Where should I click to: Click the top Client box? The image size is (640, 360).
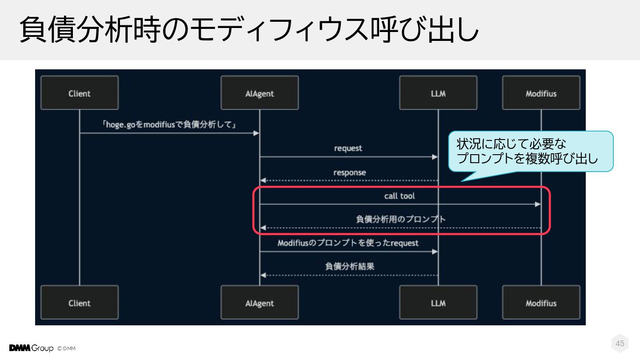[x=80, y=93]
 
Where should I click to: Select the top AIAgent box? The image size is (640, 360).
[x=260, y=93]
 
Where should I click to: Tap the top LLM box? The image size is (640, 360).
[x=438, y=93]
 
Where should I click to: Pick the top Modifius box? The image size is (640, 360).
[x=541, y=93]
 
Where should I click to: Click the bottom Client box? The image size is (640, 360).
[x=80, y=303]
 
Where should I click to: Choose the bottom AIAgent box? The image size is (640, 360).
[x=260, y=303]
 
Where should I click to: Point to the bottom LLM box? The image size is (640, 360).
[x=438, y=303]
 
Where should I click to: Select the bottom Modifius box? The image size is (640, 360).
[x=541, y=303]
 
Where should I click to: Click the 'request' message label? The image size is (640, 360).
[x=348, y=148]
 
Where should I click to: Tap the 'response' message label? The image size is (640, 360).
[x=350, y=172]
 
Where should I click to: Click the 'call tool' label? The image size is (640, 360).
[x=400, y=196]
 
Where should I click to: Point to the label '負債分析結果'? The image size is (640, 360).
[x=349, y=267]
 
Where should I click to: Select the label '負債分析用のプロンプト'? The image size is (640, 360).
[x=401, y=219]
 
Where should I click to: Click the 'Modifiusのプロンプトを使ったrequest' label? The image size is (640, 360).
[x=348, y=243]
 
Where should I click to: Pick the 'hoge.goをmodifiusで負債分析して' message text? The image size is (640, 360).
[x=169, y=125]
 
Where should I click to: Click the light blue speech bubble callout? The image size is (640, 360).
[x=531, y=152]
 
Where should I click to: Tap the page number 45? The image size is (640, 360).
[x=620, y=344]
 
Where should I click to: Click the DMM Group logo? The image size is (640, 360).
[x=31, y=348]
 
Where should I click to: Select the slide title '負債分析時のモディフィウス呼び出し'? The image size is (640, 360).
[x=249, y=29]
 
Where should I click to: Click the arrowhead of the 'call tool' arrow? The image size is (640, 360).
[x=538, y=204]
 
